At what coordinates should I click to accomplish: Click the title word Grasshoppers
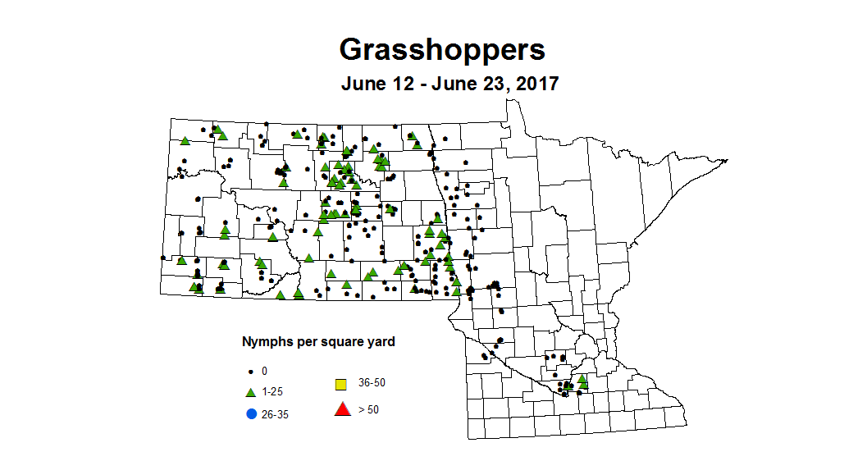442,50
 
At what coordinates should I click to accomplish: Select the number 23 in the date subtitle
490,84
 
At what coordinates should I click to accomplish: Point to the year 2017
536,84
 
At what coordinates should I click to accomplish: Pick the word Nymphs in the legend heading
264,341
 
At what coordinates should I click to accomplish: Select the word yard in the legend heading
380,341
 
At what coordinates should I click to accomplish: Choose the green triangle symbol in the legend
251,393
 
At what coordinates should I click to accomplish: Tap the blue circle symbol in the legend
251,413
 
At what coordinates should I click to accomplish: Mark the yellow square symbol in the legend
340,384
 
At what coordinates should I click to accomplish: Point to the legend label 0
265,372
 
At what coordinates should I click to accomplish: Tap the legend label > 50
368,409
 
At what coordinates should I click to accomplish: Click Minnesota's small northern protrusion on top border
513,104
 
